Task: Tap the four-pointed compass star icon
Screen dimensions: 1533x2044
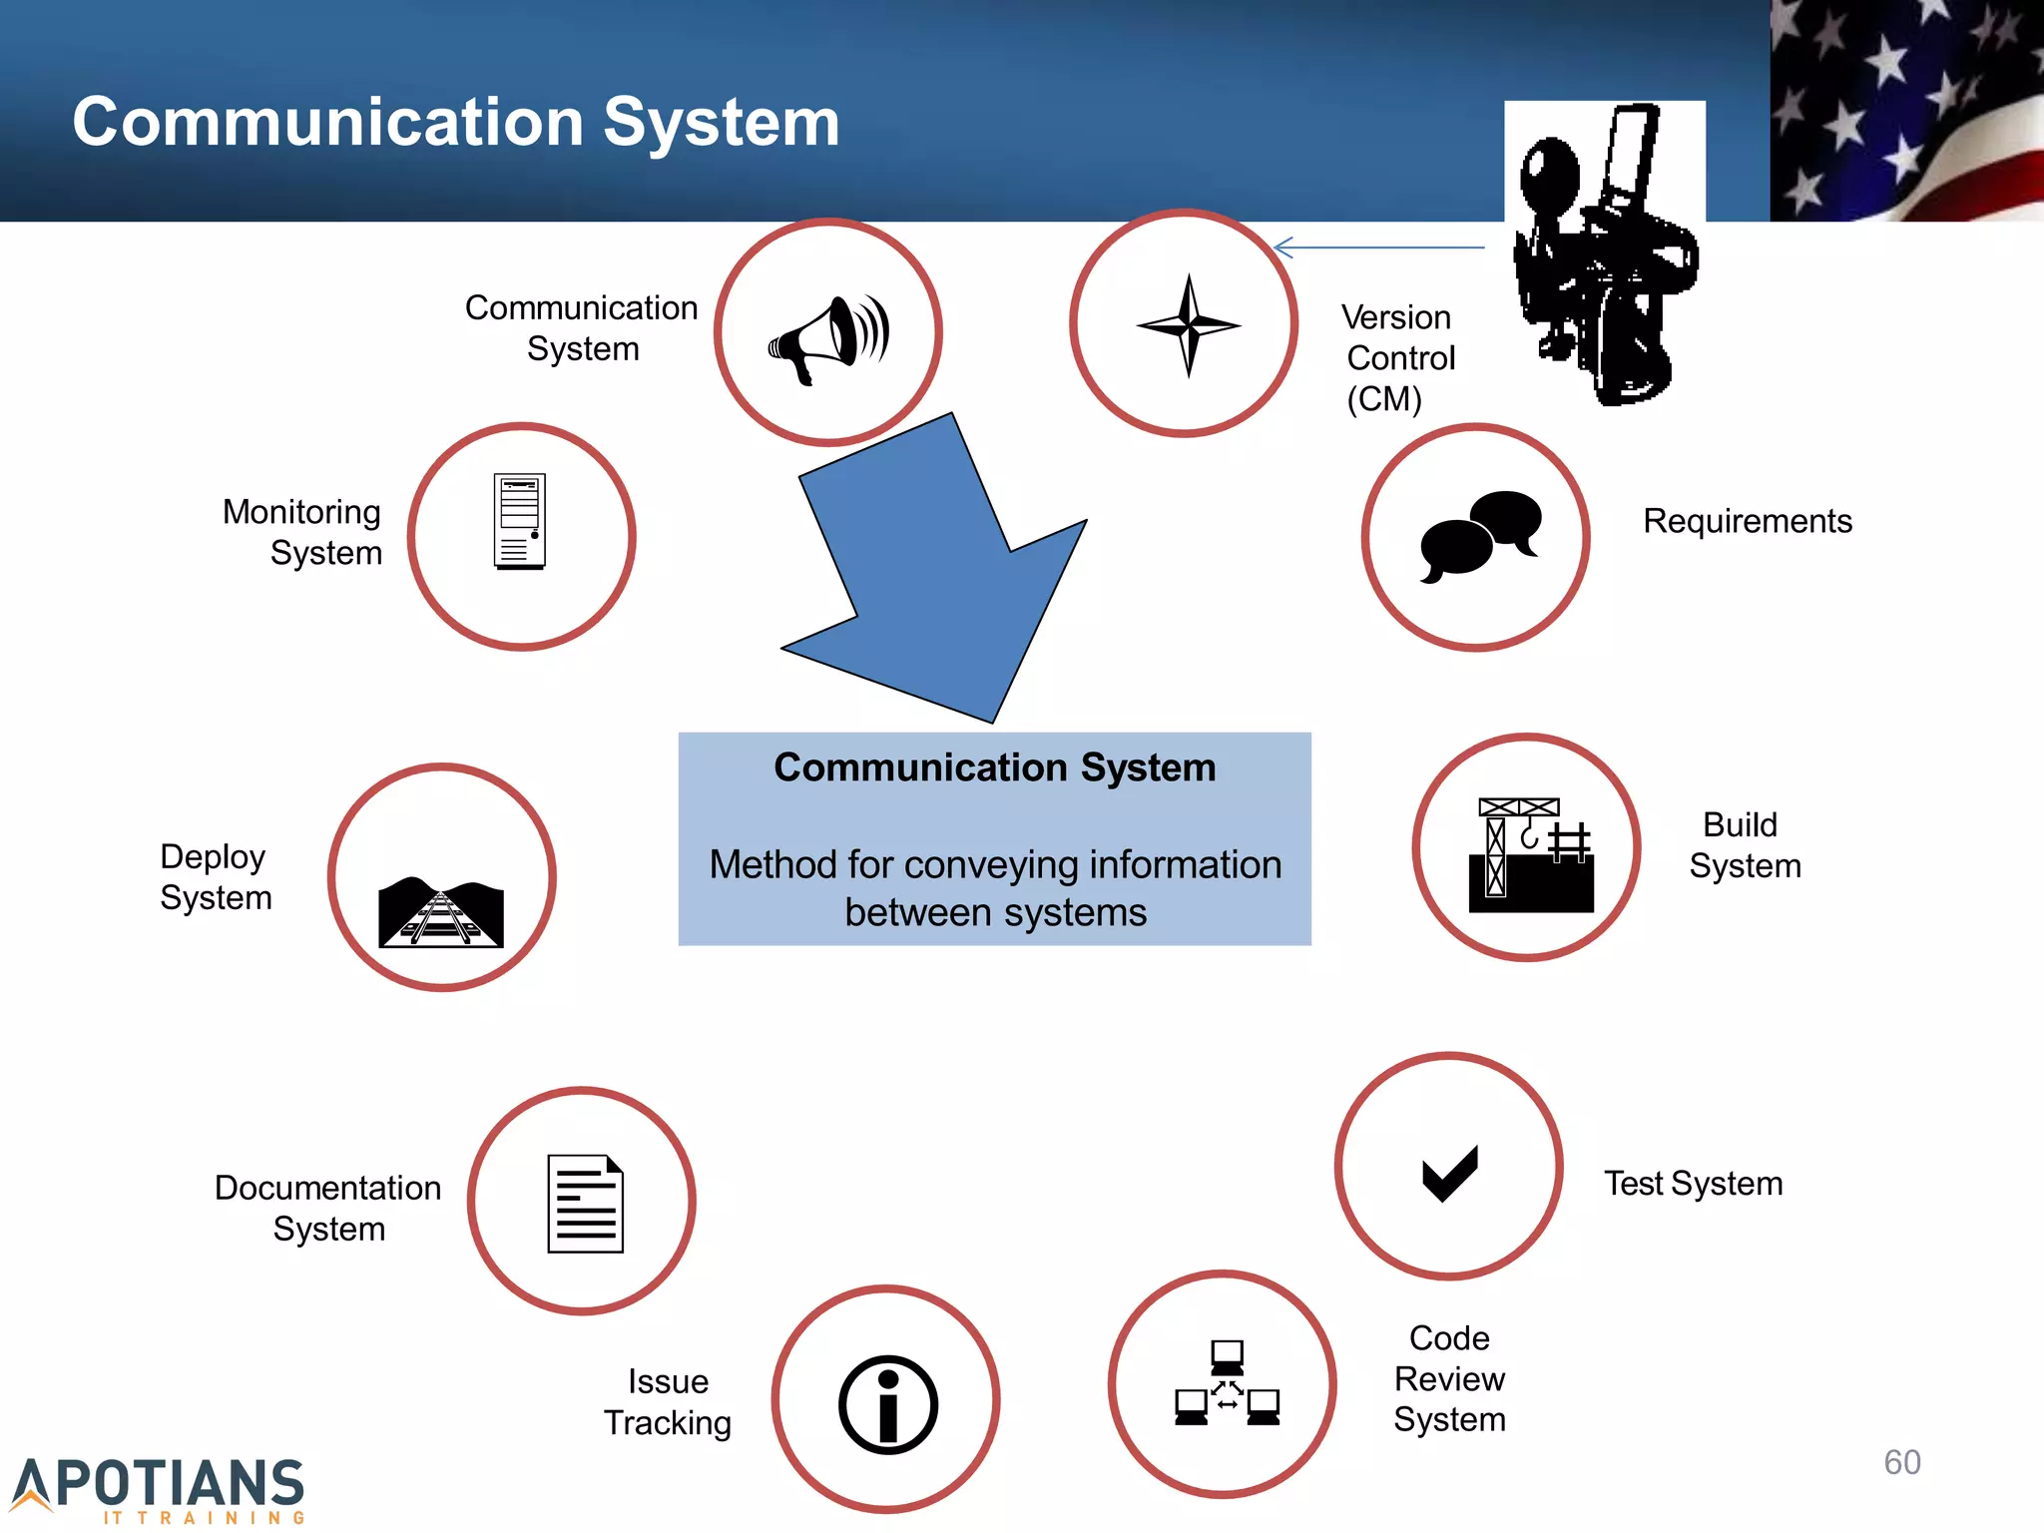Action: pyautogui.click(x=1188, y=324)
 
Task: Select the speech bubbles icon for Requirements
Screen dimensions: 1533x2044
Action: pyautogui.click(x=1480, y=536)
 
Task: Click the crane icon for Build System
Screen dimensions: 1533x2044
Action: pyautogui.click(x=1530, y=854)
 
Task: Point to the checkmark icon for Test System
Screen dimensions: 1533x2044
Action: pyautogui.click(x=1449, y=1173)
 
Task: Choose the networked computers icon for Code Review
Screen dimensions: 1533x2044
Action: pyautogui.click(x=1227, y=1383)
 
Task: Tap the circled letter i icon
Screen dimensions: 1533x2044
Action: pyautogui.click(x=887, y=1403)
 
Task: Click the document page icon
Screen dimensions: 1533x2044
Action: pyautogui.click(x=585, y=1203)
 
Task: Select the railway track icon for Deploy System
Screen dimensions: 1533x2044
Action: pyautogui.click(x=441, y=911)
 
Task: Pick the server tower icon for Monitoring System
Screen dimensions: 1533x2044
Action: pyautogui.click(x=520, y=521)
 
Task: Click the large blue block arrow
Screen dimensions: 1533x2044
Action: pyautogui.click(x=938, y=579)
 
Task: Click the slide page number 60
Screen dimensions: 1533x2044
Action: pyautogui.click(x=1901, y=1462)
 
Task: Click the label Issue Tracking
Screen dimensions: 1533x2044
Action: pyautogui.click(x=668, y=1401)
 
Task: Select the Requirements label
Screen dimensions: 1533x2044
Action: pyautogui.click(x=1747, y=521)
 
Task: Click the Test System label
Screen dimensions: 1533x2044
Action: pyautogui.click(x=1693, y=1183)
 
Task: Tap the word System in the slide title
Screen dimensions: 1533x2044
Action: pyautogui.click(x=721, y=122)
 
